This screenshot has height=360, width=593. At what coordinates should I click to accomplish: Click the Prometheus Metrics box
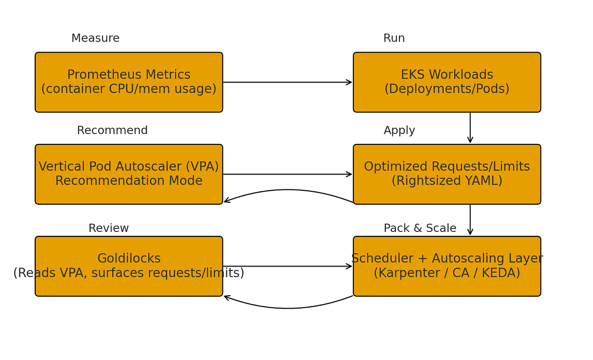[128, 82]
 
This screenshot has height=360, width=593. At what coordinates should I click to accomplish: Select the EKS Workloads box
[447, 82]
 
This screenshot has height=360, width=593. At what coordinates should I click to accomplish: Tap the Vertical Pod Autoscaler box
[128, 174]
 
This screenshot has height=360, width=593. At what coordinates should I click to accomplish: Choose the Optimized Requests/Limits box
[447, 174]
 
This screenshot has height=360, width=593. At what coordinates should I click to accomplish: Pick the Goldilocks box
[128, 266]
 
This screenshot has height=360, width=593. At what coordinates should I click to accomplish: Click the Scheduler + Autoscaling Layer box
[447, 266]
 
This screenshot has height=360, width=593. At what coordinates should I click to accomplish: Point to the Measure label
[95, 39]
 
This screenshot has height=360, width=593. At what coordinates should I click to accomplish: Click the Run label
[394, 39]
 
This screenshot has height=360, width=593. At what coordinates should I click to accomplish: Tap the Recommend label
[112, 131]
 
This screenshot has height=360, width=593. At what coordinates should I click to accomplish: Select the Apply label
[399, 131]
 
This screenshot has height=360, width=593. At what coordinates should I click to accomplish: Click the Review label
[109, 228]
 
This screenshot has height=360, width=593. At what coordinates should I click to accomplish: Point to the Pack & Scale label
[420, 228]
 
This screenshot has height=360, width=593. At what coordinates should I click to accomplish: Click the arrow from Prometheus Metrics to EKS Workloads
[288, 82]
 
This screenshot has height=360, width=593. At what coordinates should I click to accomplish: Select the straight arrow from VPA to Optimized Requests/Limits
[288, 174]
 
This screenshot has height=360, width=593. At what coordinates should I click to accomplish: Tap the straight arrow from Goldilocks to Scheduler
[288, 266]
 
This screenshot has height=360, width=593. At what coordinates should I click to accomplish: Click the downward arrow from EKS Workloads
[470, 128]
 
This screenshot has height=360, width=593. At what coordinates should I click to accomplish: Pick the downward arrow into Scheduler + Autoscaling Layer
[470, 220]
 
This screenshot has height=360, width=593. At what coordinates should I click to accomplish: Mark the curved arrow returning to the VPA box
[288, 190]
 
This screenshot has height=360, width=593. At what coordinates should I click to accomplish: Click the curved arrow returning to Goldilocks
[288, 308]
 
